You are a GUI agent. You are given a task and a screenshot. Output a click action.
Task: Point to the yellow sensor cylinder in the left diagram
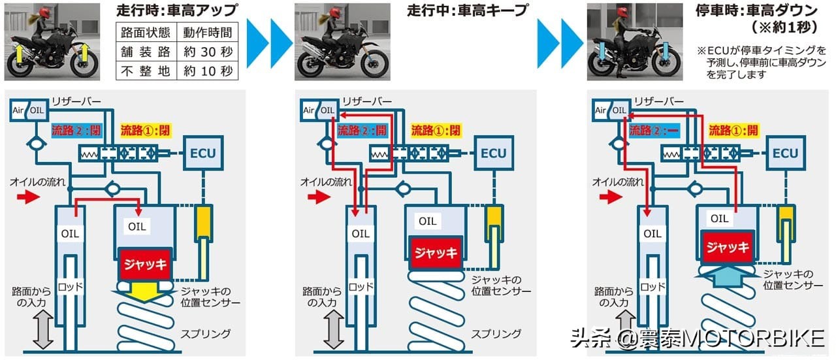tap(204, 223)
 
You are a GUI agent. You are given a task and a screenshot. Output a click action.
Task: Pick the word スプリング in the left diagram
tap(206, 334)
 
